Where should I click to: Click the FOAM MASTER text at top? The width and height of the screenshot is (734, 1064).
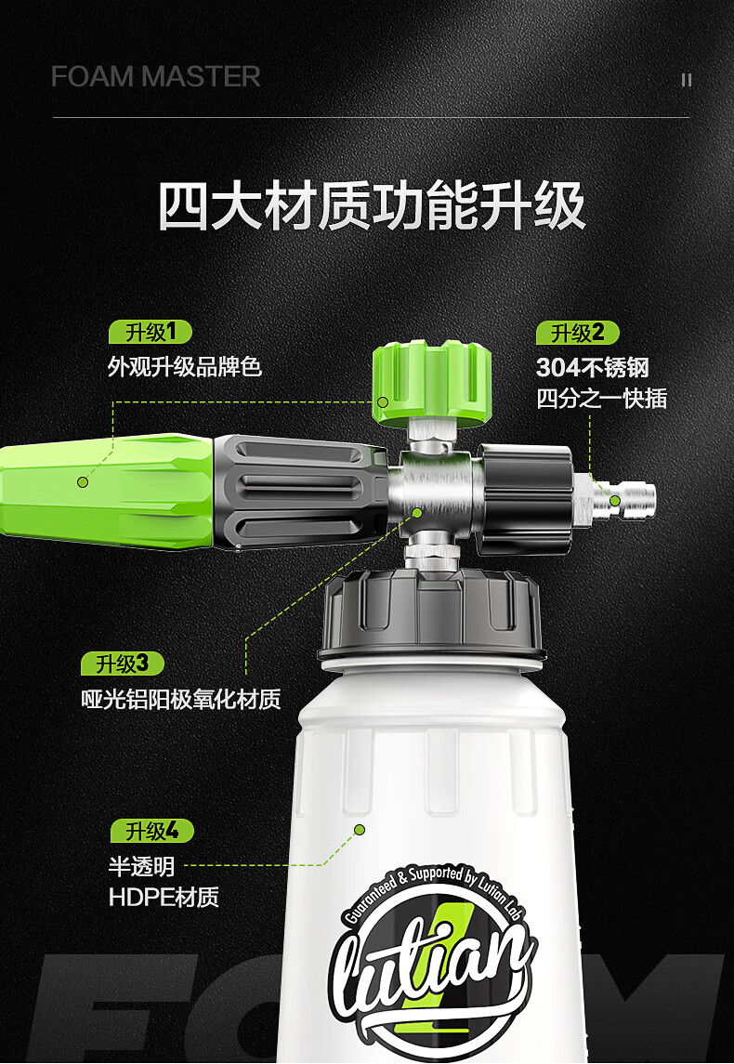point(155,77)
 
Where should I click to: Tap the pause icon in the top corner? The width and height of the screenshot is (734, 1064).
point(687,80)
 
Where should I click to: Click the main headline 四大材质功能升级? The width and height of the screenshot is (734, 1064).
point(372,205)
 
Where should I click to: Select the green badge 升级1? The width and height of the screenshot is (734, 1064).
point(151,333)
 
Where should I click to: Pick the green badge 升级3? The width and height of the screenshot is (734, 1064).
point(123,663)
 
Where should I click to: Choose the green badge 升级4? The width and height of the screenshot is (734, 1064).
point(152,831)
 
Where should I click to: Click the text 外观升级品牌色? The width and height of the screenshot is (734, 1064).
point(185,367)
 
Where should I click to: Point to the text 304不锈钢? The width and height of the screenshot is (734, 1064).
point(592,368)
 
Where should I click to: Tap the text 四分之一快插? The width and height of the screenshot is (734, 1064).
point(602,399)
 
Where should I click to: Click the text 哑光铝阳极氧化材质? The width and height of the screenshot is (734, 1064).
point(181,699)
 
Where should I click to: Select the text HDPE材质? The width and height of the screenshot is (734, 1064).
point(164,897)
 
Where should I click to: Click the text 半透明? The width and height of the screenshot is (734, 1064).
point(142,867)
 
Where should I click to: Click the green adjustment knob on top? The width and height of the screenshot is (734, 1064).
point(431,384)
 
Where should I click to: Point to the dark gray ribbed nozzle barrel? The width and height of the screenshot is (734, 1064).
point(300,492)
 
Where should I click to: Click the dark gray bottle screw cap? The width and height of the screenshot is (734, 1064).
point(431,615)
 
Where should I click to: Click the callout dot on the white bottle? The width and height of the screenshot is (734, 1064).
point(360,829)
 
